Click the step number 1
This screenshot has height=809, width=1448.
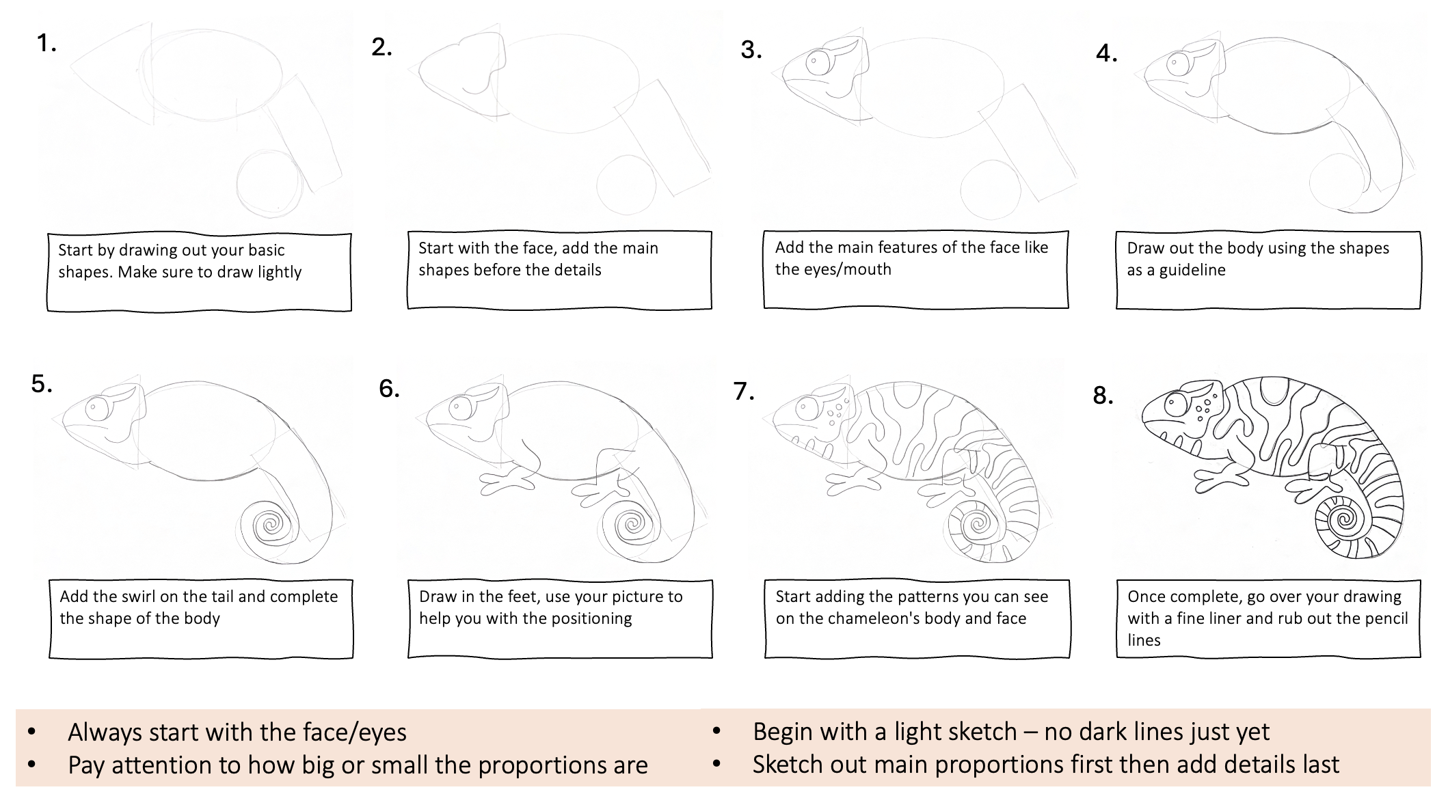pos(46,44)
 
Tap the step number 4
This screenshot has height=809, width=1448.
pos(1106,53)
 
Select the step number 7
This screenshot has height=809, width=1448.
pos(744,392)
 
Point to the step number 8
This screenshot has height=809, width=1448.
pos(1103,395)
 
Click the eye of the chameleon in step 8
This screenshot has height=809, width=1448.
pos(1177,404)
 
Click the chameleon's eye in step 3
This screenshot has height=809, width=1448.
pos(818,63)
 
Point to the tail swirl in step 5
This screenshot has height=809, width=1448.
pos(271,525)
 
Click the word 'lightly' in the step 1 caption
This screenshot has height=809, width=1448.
pos(279,272)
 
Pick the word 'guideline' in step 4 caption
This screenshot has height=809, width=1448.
pos(1192,270)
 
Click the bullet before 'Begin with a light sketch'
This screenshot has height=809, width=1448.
pos(716,732)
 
